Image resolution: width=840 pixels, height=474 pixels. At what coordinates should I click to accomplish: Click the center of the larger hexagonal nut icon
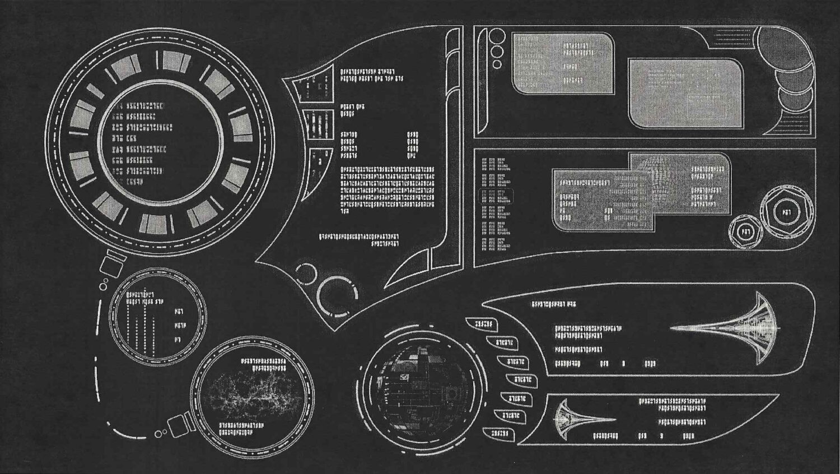coord(786,212)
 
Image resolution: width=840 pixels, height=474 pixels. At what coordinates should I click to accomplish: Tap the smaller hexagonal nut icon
coord(745,231)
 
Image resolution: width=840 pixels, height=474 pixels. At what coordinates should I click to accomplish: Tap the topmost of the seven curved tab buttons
coord(483,324)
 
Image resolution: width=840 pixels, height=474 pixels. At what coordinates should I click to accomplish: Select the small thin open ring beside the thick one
coord(305,274)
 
